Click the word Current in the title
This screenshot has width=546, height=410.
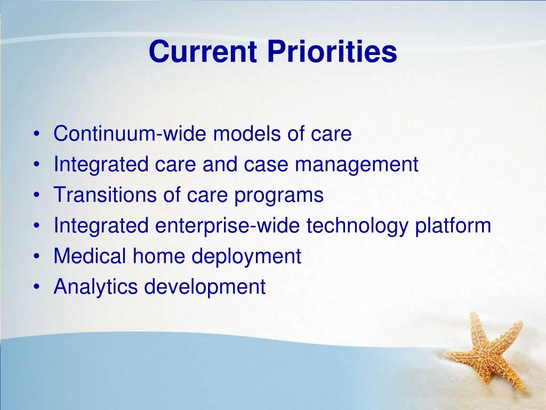tap(203, 52)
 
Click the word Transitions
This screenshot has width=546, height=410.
tap(105, 194)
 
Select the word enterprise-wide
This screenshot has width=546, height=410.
tap(227, 225)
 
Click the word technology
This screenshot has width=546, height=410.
tap(357, 226)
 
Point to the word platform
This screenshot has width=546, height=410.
tap(453, 226)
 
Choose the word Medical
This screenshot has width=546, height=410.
tap(90, 256)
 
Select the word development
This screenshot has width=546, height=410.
tap(205, 287)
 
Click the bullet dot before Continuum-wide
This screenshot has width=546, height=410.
tap(36, 133)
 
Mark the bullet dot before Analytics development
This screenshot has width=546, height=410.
tap(36, 287)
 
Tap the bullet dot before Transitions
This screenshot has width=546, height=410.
tap(36, 194)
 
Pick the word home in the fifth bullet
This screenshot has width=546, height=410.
tap(159, 256)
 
